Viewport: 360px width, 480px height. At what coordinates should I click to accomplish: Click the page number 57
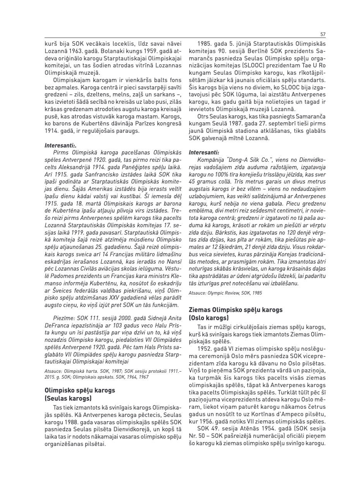pyautogui.click(x=323, y=34)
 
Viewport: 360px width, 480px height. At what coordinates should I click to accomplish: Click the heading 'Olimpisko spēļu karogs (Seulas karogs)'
pyautogui.click(x=80, y=394)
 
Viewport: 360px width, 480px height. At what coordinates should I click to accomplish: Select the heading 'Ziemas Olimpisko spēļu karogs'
pyautogui.click(x=235, y=310)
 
